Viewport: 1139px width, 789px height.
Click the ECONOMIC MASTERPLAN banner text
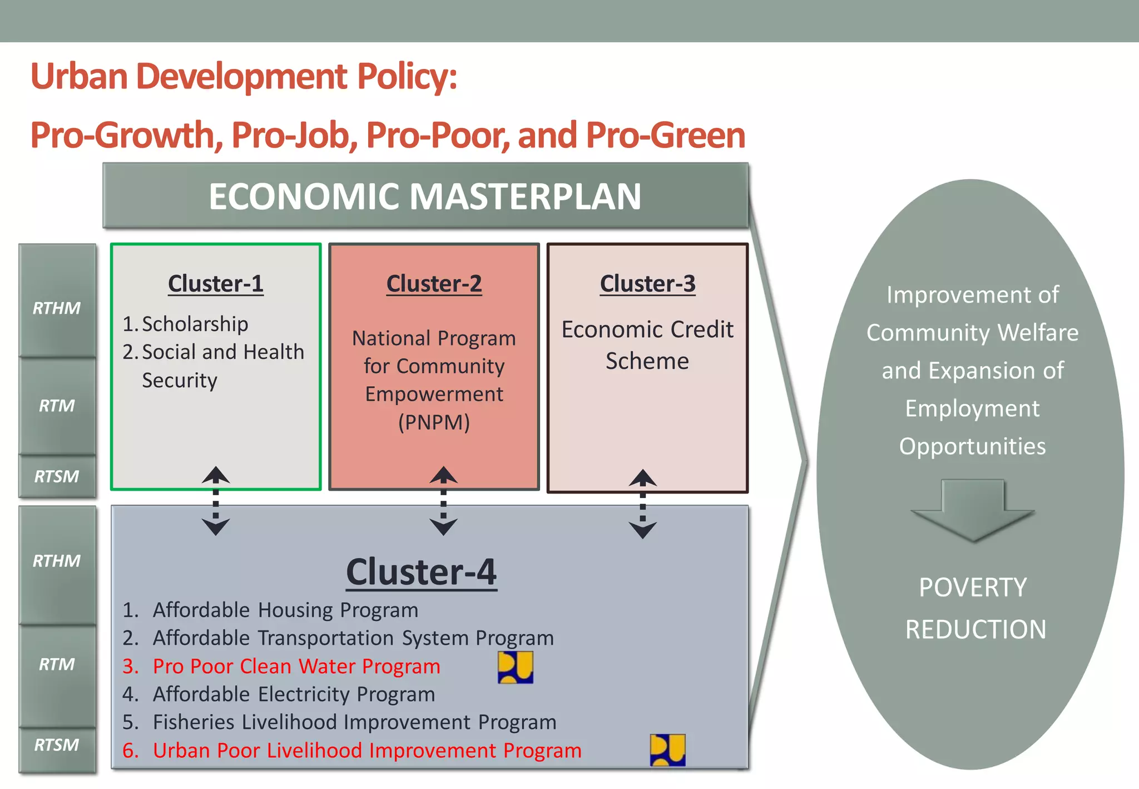click(x=425, y=196)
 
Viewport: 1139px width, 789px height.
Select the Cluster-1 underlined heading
click(x=216, y=284)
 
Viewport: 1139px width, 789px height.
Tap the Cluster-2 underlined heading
click(x=434, y=284)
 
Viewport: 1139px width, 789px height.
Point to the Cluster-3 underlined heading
click(x=647, y=284)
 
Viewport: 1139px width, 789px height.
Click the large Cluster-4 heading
click(x=421, y=572)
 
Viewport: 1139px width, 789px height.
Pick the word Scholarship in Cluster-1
click(x=195, y=324)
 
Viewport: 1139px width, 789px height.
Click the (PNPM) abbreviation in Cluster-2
click(x=434, y=422)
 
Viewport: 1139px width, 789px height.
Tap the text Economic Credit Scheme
click(x=647, y=345)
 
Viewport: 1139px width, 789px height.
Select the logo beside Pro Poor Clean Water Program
click(x=515, y=667)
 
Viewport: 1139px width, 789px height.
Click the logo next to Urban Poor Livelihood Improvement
click(x=667, y=750)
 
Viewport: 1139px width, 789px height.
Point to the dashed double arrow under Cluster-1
click(x=216, y=501)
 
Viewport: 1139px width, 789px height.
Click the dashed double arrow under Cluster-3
click(x=643, y=504)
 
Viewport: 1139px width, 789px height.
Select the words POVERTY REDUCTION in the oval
click(x=974, y=608)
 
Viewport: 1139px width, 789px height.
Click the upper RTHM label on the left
click(x=57, y=308)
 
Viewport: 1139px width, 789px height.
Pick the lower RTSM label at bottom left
click(x=57, y=745)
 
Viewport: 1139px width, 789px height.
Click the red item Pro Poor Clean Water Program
click(x=296, y=667)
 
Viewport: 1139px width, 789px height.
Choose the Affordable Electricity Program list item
click(x=294, y=694)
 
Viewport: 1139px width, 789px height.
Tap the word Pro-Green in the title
click(x=665, y=135)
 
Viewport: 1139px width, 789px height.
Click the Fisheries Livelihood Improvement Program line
click(x=354, y=722)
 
